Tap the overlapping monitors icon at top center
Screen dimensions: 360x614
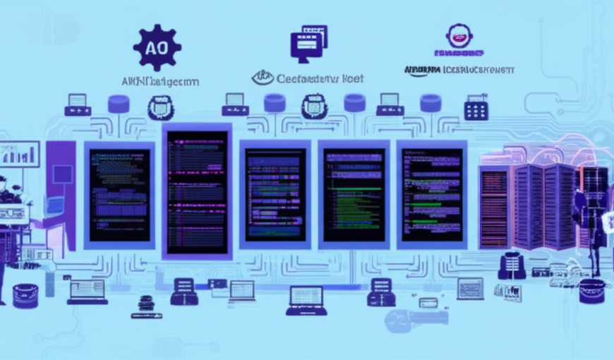[309, 42]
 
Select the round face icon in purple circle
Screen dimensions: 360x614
[459, 36]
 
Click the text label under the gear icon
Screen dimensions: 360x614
[160, 82]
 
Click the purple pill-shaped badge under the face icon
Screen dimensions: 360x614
[459, 53]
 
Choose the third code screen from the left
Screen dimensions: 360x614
[275, 193]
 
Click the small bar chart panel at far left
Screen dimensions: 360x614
[19, 155]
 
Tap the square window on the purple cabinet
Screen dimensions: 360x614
[62, 174]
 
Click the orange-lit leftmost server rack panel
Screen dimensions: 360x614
[494, 208]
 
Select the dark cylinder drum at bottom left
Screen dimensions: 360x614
[25, 295]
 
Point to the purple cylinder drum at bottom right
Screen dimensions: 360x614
[591, 290]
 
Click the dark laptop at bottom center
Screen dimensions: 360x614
[306, 300]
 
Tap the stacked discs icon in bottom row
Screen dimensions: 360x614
[146, 304]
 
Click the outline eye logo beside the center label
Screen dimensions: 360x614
[263, 78]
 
